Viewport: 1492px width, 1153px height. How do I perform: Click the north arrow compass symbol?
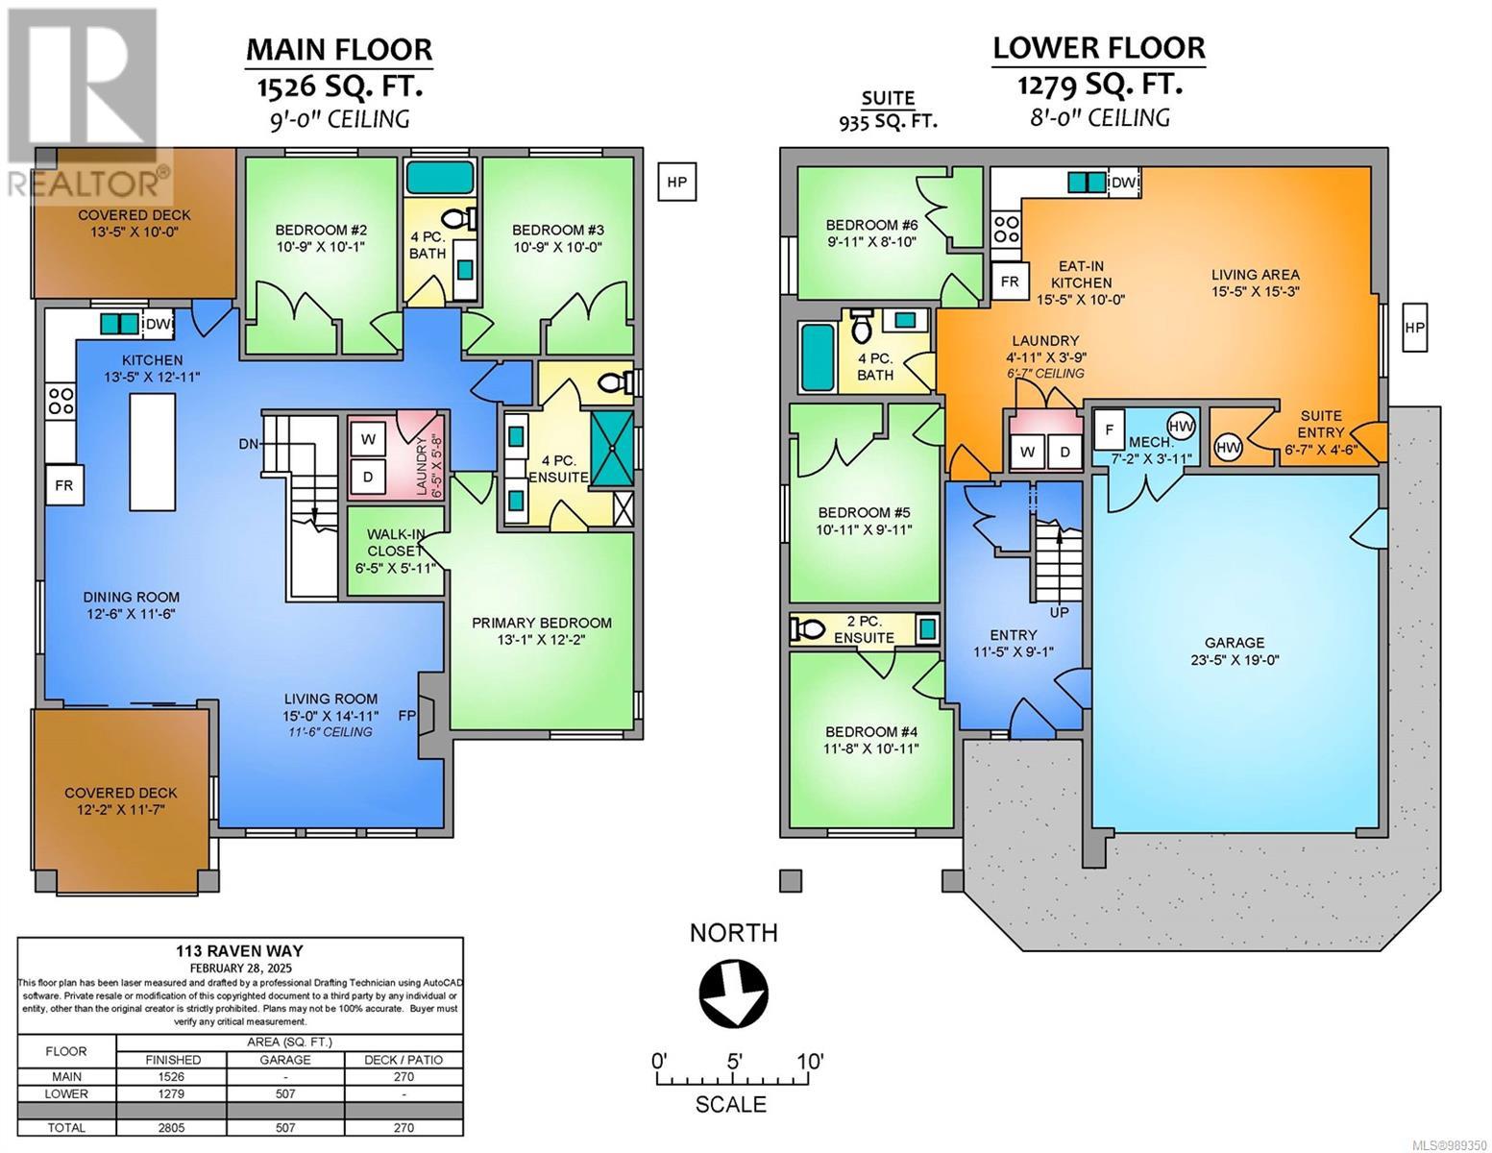tap(733, 994)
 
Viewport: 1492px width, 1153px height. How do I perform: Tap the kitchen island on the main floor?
tap(153, 452)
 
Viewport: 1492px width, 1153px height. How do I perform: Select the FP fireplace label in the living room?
tap(406, 715)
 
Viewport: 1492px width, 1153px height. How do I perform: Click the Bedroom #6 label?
tap(871, 225)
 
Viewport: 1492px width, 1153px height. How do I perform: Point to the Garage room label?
tap(1235, 643)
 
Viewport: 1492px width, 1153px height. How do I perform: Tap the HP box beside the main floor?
tap(677, 182)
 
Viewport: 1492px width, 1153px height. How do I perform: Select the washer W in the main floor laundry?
tap(368, 439)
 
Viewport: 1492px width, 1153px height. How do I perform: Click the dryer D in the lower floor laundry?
tap(1064, 452)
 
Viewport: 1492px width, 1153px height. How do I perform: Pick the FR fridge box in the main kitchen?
tap(63, 486)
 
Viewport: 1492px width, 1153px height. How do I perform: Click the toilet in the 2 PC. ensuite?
tap(807, 627)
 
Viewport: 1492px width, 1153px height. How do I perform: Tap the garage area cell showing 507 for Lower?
tap(285, 1093)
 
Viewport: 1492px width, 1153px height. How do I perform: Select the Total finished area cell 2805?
tap(171, 1128)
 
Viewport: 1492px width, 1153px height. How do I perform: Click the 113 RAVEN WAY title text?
tap(239, 951)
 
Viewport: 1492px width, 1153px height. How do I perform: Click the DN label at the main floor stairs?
tap(249, 444)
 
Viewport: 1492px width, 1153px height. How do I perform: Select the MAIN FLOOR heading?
tap(339, 50)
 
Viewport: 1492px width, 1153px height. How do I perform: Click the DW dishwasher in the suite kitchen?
tap(1123, 182)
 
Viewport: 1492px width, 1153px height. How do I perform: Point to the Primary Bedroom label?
tap(542, 623)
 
